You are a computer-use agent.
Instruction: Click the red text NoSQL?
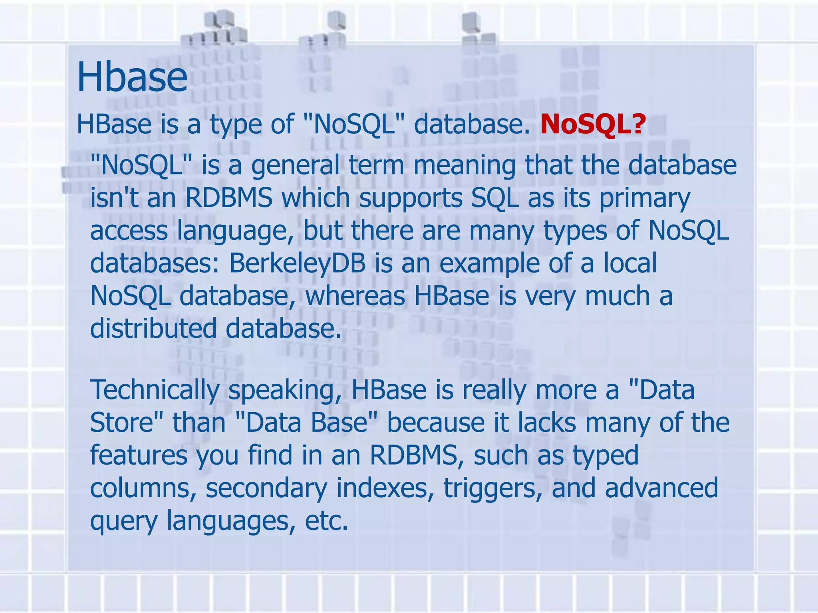[x=593, y=124]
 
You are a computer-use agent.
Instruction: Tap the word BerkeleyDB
[x=297, y=263]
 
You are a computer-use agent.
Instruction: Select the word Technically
[x=155, y=390]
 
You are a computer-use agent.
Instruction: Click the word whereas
[x=355, y=296]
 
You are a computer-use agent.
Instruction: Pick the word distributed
[x=153, y=328]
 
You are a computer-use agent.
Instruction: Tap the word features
[x=138, y=455]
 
